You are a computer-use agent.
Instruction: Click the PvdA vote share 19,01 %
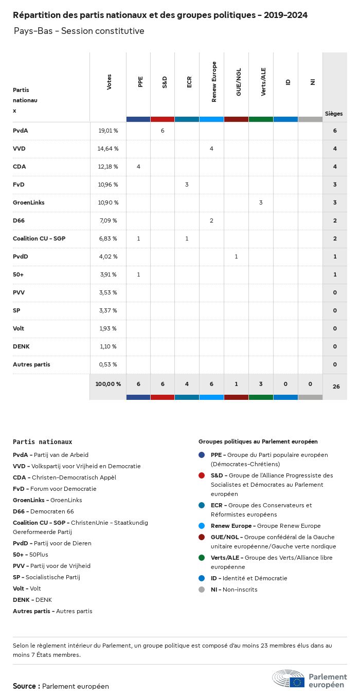tap(108, 131)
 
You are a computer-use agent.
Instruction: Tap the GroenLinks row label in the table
tap(29, 203)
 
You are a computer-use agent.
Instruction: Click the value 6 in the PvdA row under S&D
tap(163, 131)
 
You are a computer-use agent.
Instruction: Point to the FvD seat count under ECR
tap(187, 185)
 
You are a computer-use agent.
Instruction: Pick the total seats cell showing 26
tap(336, 387)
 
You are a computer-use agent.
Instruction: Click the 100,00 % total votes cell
tap(108, 384)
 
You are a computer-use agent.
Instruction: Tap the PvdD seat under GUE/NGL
tap(236, 256)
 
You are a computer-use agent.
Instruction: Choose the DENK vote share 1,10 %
tap(108, 346)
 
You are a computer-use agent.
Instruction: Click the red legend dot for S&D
tap(202, 475)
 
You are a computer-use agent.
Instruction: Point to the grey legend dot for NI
tap(202, 590)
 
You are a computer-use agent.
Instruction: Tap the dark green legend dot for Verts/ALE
tap(202, 558)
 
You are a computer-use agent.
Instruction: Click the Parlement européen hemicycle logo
tap(289, 678)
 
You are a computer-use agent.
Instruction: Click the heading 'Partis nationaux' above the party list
tap(42, 442)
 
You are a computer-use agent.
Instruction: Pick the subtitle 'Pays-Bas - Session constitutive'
tap(79, 31)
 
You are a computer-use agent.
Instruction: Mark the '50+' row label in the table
tap(19, 274)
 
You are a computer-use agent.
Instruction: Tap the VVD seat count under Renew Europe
tap(211, 149)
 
